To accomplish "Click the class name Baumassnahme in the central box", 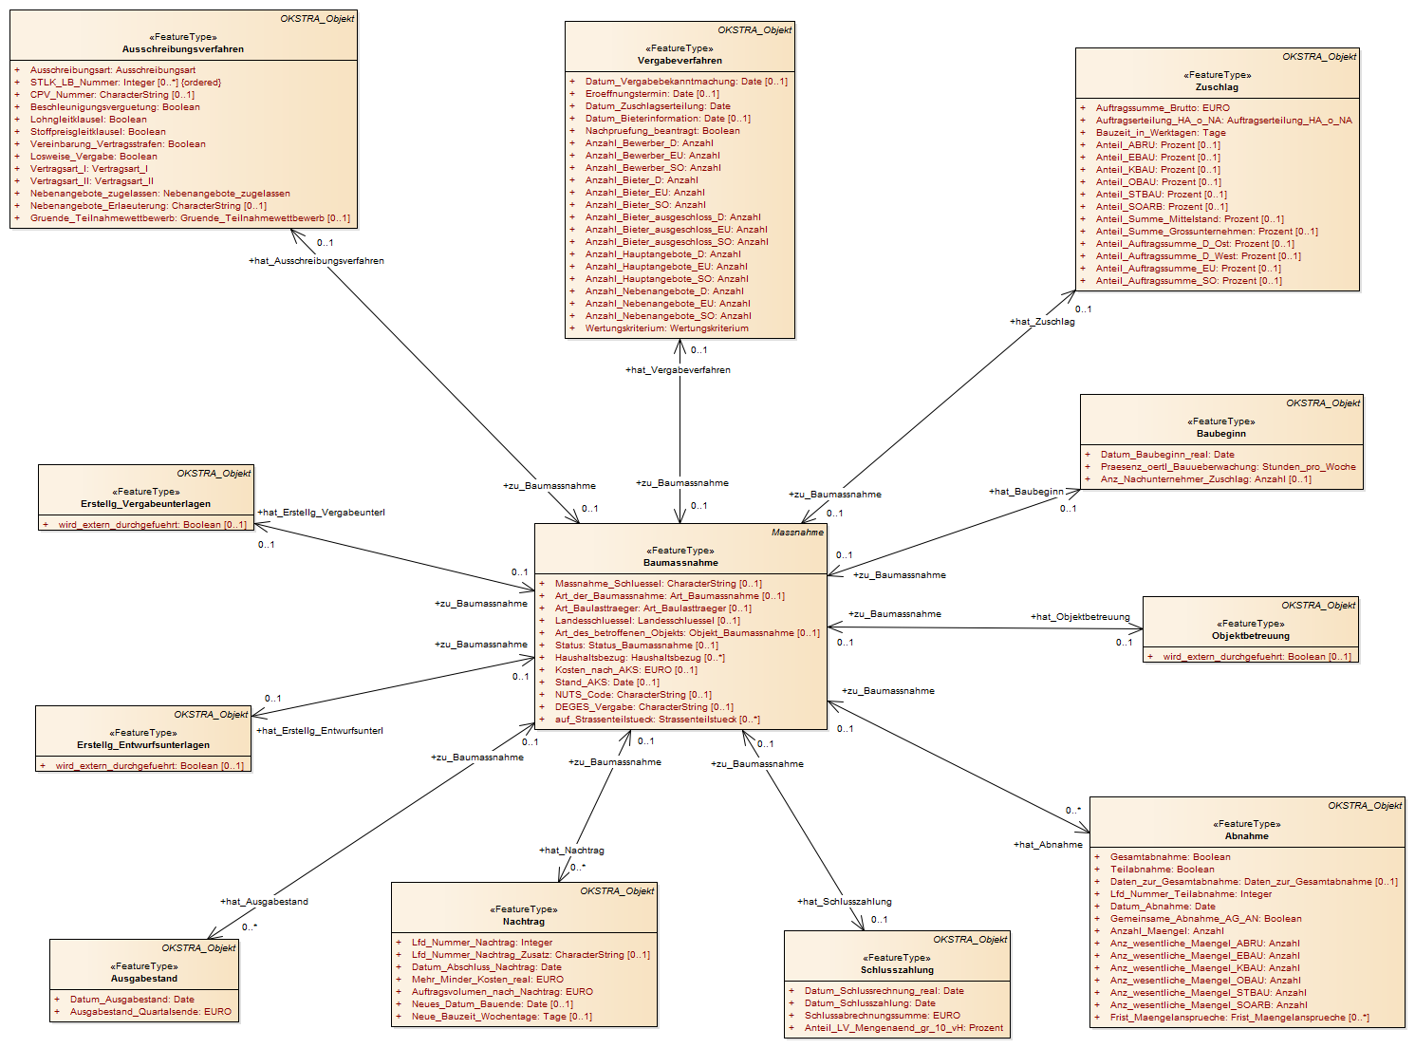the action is (x=680, y=562).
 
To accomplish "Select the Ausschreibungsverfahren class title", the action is (x=183, y=49).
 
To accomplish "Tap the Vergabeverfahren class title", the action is (x=680, y=61).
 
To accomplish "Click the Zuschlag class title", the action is (x=1217, y=86).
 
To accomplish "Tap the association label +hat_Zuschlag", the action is (x=1042, y=322).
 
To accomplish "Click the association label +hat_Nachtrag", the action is (x=571, y=851).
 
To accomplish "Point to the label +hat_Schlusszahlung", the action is (x=844, y=901).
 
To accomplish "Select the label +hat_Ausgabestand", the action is (x=264, y=901).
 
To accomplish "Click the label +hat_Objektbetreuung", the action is (x=1080, y=616).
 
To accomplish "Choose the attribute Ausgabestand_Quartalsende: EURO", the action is (x=151, y=1012).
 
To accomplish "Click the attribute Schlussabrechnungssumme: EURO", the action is (x=882, y=1016).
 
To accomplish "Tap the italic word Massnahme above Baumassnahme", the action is (x=797, y=533).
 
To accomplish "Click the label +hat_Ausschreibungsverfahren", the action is (x=316, y=260).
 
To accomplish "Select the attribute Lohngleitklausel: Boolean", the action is (x=88, y=120).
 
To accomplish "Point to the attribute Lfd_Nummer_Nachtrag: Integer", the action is (x=482, y=942).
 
